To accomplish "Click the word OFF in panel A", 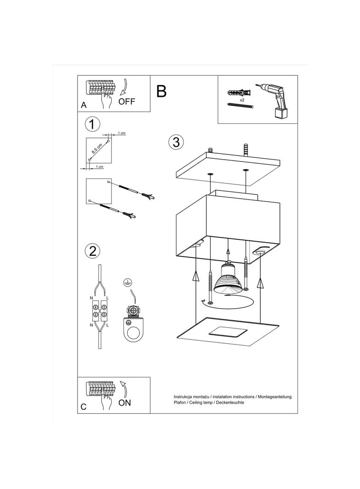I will [x=127, y=102].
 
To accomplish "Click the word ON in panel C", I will [x=124, y=403].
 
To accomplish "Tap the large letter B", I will [x=161, y=91].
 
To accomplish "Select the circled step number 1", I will [x=93, y=124].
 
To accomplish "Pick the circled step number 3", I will [x=176, y=142].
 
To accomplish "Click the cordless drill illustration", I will [x=275, y=99].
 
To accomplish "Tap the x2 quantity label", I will [x=242, y=99].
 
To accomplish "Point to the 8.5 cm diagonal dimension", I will [x=97, y=148].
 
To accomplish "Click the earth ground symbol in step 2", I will [x=127, y=282].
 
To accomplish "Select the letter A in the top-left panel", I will [x=84, y=105].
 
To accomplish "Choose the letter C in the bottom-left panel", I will [x=83, y=407].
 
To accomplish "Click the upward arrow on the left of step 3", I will [x=196, y=276].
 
